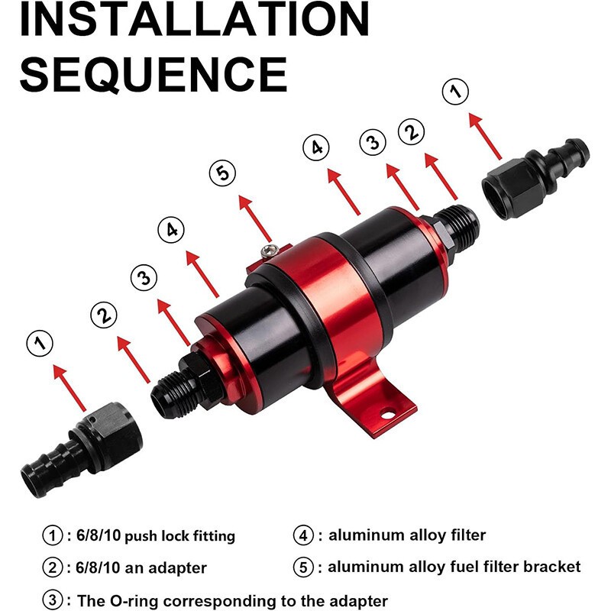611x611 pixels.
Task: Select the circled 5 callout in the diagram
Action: [x=223, y=173]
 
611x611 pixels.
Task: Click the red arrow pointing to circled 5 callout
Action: [x=254, y=218]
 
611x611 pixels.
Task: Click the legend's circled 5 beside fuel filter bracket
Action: [x=304, y=567]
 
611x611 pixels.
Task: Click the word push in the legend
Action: [x=145, y=537]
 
